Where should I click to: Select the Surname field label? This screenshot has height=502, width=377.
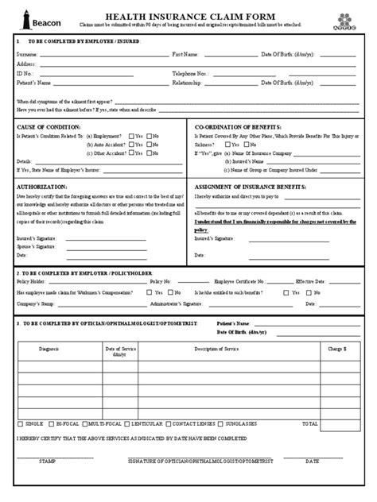click(28, 54)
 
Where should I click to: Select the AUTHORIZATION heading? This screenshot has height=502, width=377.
click(45, 185)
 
